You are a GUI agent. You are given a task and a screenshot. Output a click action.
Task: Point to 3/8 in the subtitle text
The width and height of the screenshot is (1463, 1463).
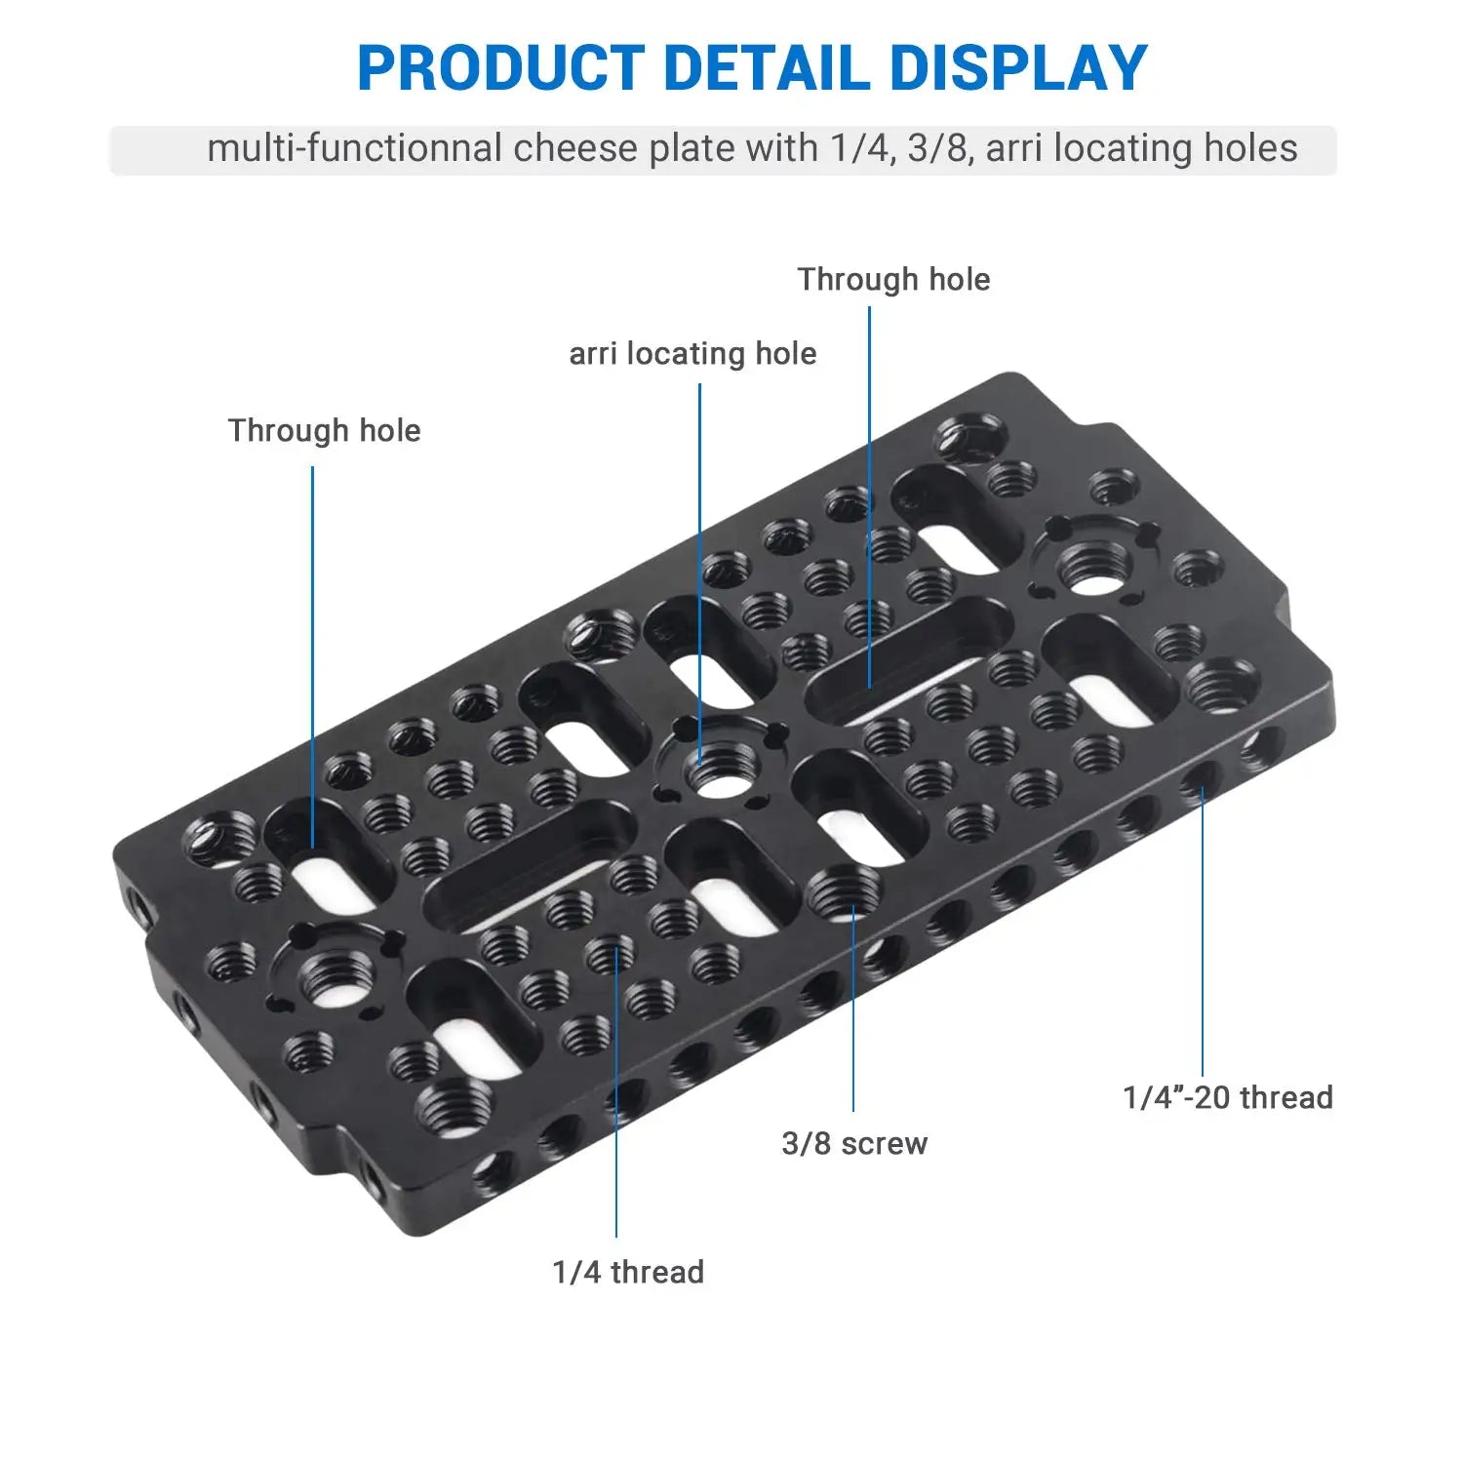click(x=937, y=148)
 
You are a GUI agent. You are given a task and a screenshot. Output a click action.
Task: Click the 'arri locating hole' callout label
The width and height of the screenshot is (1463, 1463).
click(x=692, y=353)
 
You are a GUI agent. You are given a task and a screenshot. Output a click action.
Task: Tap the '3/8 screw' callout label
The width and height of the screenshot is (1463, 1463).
click(x=854, y=1143)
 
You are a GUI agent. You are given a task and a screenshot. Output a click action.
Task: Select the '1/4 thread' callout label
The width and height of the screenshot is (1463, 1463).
click(x=628, y=1272)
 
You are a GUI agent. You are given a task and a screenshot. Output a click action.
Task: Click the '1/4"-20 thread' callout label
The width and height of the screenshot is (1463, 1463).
click(x=1228, y=1097)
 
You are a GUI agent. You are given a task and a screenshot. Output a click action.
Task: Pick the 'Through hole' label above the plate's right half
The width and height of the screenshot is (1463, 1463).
click(x=893, y=280)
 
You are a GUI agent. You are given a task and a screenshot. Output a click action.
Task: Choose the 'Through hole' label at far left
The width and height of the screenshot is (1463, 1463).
click(x=324, y=430)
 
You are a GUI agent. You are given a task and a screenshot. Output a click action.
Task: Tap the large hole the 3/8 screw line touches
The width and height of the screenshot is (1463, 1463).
click(x=845, y=892)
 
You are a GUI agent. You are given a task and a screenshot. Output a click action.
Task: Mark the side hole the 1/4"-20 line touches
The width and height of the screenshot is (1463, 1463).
click(x=1202, y=778)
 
